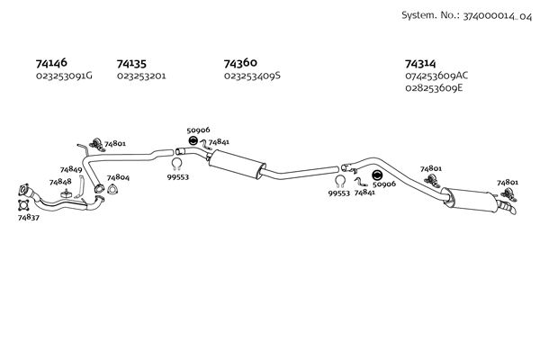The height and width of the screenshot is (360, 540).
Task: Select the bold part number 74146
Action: pyautogui.click(x=51, y=63)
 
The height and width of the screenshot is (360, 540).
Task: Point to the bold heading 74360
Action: pyautogui.click(x=240, y=63)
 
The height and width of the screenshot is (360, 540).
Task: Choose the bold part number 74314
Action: pyautogui.click(x=422, y=63)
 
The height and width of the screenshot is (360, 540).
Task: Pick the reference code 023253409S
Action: pyautogui.click(x=252, y=76)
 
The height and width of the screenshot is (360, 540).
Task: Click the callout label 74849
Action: pyautogui.click(x=71, y=169)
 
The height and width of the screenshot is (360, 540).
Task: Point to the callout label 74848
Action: pyautogui.click(x=60, y=182)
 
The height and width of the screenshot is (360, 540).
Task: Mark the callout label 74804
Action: pyautogui.click(x=118, y=177)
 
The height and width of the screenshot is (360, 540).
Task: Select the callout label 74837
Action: pyautogui.click(x=29, y=217)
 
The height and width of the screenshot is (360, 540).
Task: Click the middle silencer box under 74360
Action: pyautogui.click(x=236, y=166)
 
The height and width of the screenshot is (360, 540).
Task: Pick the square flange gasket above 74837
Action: pyautogui.click(x=23, y=191)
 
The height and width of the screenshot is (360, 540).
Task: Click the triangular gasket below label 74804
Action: pyautogui.click(x=112, y=190)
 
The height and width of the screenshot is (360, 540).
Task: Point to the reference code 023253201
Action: pyautogui.click(x=140, y=76)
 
